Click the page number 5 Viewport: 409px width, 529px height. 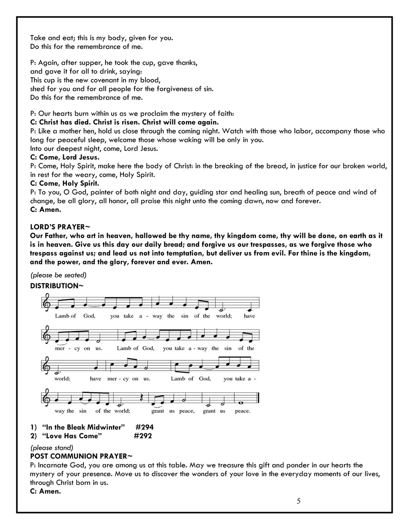click(x=299, y=501)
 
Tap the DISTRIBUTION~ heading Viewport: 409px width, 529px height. click(x=57, y=286)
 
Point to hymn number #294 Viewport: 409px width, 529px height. click(x=144, y=427)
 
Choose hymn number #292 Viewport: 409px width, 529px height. click(x=143, y=436)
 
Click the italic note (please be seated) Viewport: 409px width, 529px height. click(x=58, y=275)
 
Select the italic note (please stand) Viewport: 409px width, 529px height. click(x=52, y=447)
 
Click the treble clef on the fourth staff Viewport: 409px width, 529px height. click(x=47, y=398)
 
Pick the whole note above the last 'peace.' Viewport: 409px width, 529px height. click(x=242, y=401)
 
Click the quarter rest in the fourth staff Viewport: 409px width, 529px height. click(x=142, y=397)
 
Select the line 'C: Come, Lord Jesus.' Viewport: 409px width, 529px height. click(x=65, y=157)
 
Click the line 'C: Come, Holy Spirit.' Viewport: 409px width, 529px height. click(x=65, y=183)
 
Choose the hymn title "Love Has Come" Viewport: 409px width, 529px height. click(x=72, y=436)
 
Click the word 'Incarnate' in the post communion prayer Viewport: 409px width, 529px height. click(x=53, y=465)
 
